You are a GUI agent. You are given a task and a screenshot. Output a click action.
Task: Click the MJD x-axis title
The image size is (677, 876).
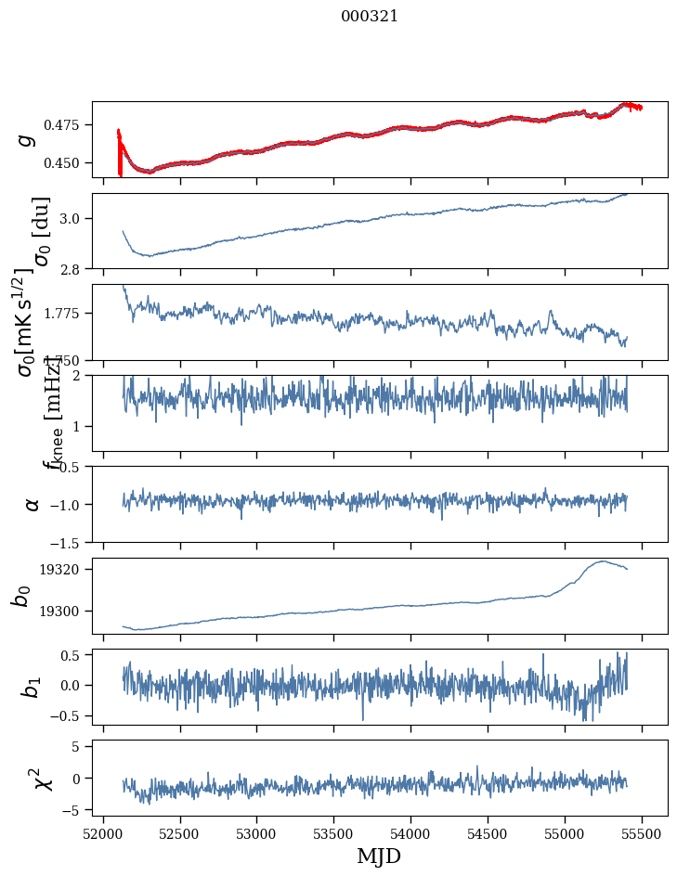click(379, 857)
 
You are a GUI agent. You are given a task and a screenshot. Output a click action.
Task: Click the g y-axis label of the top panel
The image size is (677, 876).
click(27, 139)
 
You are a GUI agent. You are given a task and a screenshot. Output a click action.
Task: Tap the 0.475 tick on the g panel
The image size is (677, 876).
click(66, 125)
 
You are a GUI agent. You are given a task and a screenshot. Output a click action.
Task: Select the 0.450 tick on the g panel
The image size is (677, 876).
click(66, 163)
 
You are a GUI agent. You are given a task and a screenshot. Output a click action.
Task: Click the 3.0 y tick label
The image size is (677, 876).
click(74, 219)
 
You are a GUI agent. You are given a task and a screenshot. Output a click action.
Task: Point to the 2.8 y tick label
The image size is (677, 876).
click(74, 268)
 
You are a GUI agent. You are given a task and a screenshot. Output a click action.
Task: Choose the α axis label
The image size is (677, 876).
click(33, 504)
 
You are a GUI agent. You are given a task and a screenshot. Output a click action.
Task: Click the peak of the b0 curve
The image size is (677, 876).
click(604, 560)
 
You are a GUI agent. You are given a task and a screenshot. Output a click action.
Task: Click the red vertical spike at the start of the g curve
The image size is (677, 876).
click(120, 153)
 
